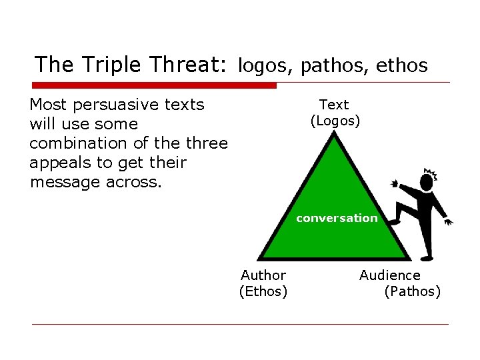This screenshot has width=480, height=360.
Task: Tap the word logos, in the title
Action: (x=266, y=65)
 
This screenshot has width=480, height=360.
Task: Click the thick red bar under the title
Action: (x=154, y=85)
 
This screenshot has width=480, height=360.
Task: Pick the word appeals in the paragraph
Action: (x=59, y=163)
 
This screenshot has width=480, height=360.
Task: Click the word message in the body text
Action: (x=65, y=182)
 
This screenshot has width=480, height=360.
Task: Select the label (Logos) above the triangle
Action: (x=335, y=121)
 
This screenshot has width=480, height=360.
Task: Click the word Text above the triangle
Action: (x=334, y=105)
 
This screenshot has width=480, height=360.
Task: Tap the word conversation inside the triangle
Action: (x=337, y=218)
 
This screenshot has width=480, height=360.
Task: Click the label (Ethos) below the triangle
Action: (x=263, y=291)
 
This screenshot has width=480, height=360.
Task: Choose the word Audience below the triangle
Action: (x=390, y=275)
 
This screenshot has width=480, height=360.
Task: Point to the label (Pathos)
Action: (x=413, y=291)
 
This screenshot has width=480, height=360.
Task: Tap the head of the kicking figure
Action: (x=427, y=181)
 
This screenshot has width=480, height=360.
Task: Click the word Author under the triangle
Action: (x=263, y=275)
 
